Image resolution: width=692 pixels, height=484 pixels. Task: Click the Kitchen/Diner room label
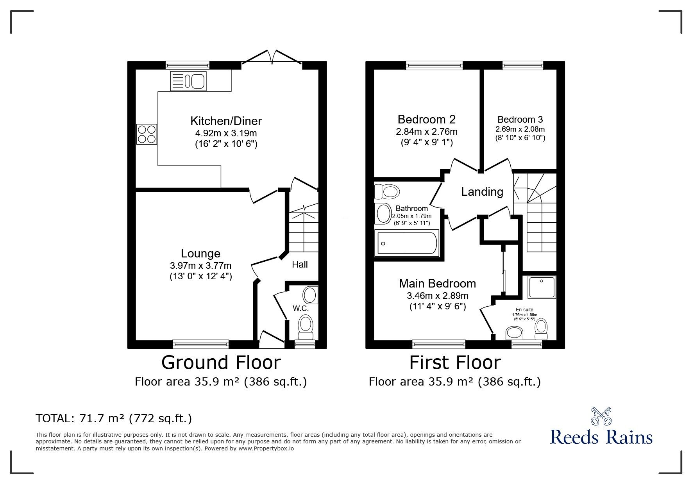click(226, 121)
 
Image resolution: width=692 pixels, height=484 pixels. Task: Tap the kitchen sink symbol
click(188, 81)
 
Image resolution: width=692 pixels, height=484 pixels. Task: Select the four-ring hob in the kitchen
click(147, 134)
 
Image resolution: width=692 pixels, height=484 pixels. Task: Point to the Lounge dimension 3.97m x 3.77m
click(200, 266)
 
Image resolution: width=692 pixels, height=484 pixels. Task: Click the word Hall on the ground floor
click(300, 264)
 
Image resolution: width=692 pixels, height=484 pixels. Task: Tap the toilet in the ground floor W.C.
click(306, 327)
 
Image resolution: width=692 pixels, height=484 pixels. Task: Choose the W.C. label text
click(300, 308)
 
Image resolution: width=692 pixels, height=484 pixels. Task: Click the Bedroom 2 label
click(426, 119)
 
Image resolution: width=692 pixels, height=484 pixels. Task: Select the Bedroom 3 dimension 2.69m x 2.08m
click(520, 129)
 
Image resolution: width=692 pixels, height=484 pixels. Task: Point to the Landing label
click(482, 192)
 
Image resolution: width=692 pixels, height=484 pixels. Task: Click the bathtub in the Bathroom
click(406, 243)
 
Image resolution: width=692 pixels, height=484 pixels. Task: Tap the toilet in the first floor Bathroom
click(387, 192)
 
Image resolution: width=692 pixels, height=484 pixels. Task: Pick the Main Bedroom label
click(437, 283)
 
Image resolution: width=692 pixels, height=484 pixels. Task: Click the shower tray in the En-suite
click(542, 288)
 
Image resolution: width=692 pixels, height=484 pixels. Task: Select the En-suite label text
click(524, 310)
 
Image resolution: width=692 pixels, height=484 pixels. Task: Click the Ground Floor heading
click(221, 362)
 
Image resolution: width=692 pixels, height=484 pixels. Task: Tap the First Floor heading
click(455, 362)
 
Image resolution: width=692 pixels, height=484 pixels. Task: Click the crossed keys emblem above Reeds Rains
click(601, 416)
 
